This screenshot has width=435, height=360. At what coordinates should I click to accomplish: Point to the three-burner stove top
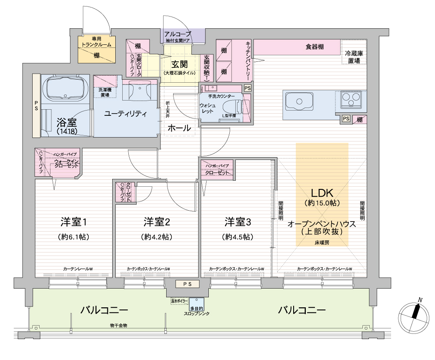(350, 100)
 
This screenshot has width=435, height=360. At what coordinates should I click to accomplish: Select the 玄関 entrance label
(179, 64)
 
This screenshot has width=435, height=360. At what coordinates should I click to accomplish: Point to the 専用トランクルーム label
(96, 42)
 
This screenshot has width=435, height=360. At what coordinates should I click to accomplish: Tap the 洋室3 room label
(238, 222)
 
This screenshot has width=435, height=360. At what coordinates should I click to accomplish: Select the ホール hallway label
(179, 128)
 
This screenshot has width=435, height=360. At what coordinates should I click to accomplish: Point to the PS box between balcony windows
(187, 284)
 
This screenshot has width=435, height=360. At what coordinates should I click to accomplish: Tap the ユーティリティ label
(125, 114)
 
